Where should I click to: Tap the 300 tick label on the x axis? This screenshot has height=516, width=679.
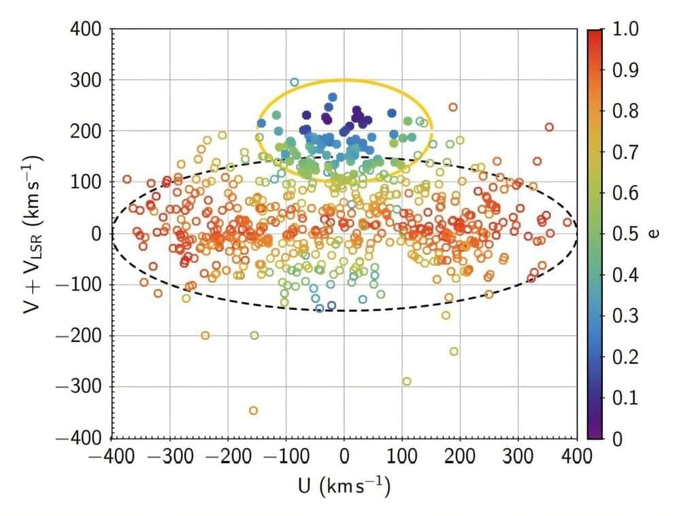tap(519, 455)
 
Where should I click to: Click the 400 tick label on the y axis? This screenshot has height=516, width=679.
tap(86, 29)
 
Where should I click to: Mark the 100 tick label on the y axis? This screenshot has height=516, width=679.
tap(86, 182)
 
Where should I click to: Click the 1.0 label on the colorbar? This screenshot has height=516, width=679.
tap(625, 29)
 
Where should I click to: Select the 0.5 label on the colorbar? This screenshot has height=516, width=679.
tap(625, 234)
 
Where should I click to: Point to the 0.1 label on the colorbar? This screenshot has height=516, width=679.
tap(625, 397)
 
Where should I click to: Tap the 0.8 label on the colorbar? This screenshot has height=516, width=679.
tap(625, 111)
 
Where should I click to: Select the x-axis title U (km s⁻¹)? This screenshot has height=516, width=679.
tap(344, 487)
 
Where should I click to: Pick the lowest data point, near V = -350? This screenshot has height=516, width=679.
tap(253, 410)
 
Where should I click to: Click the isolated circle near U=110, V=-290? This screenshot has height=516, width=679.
tap(407, 381)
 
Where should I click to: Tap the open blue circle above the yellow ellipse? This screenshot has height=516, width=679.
tap(294, 82)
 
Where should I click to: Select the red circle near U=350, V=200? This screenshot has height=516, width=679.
tap(549, 127)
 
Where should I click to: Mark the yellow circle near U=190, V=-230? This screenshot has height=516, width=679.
tap(454, 351)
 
